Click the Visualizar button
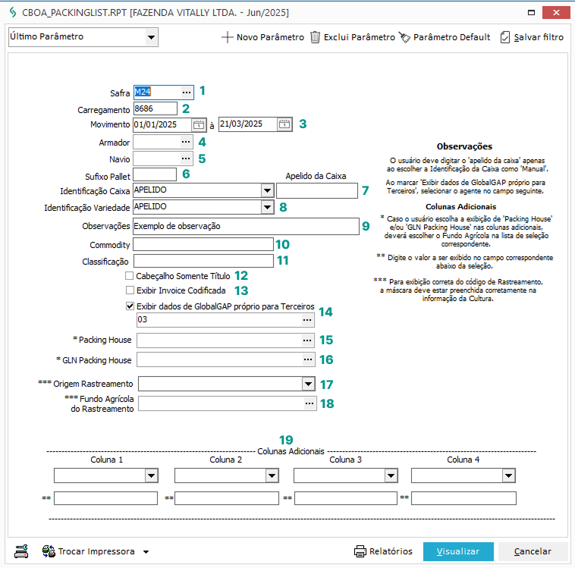[x=458, y=551]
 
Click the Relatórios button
[x=383, y=551]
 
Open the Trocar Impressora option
[x=96, y=551]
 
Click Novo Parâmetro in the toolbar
[x=262, y=37]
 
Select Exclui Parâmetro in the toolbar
[x=353, y=37]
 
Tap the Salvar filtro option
[x=532, y=37]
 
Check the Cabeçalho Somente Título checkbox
[x=130, y=276]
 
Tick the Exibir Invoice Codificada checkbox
[x=130, y=290]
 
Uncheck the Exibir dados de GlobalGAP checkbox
[x=130, y=306]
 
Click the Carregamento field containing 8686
[x=155, y=108]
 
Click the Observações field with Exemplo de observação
[x=245, y=226]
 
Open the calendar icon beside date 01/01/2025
[x=199, y=124]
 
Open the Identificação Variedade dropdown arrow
[x=266, y=206]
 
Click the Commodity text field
[x=203, y=244]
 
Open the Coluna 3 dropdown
[x=390, y=475]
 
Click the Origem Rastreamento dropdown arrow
[x=308, y=384]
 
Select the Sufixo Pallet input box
[x=155, y=174]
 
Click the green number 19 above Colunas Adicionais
[x=286, y=440]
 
